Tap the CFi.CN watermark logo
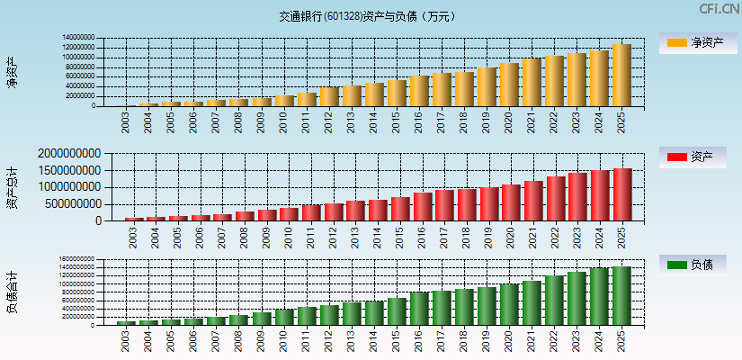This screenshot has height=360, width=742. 720,9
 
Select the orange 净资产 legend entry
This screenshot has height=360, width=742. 693,42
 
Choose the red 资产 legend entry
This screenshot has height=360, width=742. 693,157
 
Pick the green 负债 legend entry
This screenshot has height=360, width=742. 693,265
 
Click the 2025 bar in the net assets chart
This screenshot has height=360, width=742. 621,76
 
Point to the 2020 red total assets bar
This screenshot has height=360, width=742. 511,202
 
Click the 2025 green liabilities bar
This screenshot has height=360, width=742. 621,295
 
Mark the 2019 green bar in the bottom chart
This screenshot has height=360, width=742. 487,306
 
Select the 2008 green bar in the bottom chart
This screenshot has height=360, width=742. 238,319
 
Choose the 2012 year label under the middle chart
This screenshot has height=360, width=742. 334,238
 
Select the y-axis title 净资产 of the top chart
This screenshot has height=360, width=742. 12,72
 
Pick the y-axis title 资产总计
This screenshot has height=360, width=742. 12,187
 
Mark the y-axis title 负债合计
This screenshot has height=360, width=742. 12,292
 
